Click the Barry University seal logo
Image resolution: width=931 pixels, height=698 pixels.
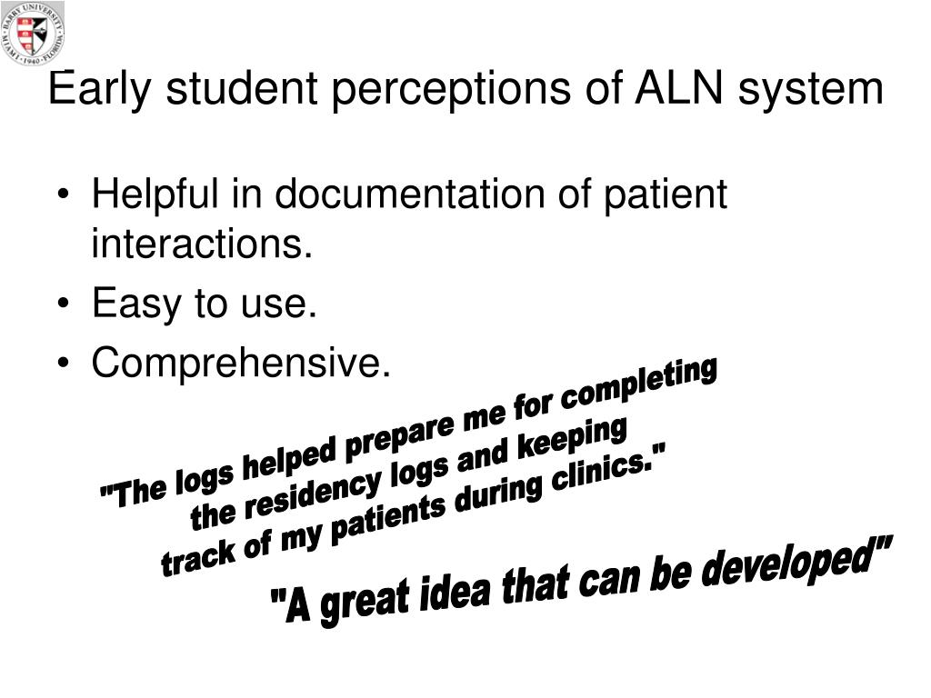point(33,34)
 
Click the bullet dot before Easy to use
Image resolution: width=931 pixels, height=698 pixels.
point(64,304)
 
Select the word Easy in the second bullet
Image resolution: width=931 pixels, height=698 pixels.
point(135,304)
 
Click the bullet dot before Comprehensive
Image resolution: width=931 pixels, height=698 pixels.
point(64,364)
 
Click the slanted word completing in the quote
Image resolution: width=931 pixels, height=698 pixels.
point(639,384)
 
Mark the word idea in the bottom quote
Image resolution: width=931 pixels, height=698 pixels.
point(455,591)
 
